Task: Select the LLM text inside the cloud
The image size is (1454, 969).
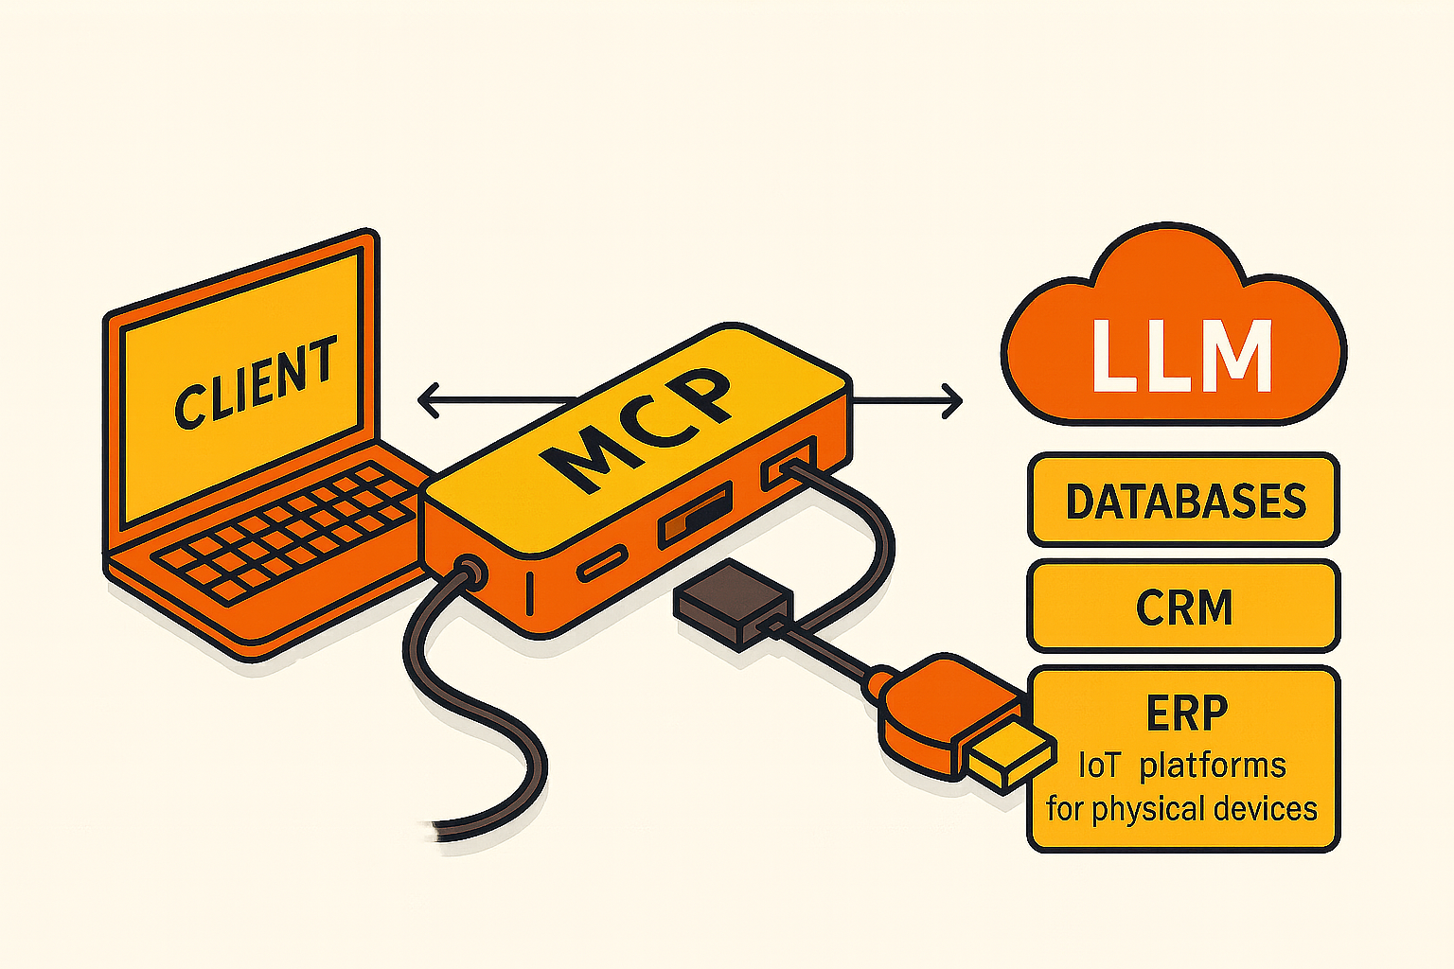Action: (x=1181, y=357)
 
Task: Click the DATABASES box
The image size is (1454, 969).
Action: (x=1183, y=501)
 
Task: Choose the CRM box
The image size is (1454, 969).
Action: (x=1183, y=607)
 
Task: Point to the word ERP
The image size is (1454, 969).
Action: (x=1186, y=713)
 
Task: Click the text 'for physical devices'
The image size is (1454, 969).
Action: (x=1181, y=809)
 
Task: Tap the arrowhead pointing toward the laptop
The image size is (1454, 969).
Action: (x=426, y=399)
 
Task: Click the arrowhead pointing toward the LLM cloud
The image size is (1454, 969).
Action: (x=953, y=401)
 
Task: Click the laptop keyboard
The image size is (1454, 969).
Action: (x=284, y=530)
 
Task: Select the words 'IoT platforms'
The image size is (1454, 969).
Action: (x=1181, y=765)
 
